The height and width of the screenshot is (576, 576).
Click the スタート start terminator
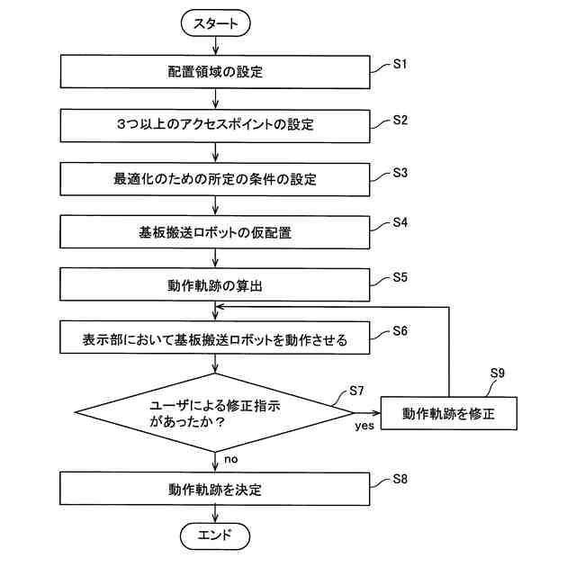pos(216,23)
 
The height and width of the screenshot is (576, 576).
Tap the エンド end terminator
pos(215,536)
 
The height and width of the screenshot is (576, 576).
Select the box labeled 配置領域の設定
pos(215,72)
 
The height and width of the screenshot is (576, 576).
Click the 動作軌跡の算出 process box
pos(215,285)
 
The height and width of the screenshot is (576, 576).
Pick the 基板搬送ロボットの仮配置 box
pos(215,232)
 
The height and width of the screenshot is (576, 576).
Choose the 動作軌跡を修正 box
pos(449,413)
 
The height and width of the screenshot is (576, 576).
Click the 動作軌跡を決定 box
pos(215,489)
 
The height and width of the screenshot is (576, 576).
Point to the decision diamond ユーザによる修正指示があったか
pos(215,413)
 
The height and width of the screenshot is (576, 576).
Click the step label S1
pos(400,64)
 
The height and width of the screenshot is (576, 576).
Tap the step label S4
pos(400,222)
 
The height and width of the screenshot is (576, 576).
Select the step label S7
pos(356,391)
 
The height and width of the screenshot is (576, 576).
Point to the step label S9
pos(498,373)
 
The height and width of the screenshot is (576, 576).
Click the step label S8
pos(400,479)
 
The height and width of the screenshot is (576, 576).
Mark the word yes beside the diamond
pos(364,426)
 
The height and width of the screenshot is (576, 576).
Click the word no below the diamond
pos(231,459)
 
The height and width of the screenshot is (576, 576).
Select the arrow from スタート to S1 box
pos(216,46)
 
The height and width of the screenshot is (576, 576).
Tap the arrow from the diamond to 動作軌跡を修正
pos(367,413)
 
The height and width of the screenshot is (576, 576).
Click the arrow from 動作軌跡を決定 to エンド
pos(215,514)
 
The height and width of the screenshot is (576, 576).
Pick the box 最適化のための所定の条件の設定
pos(215,179)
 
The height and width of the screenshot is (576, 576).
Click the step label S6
pos(400,331)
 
